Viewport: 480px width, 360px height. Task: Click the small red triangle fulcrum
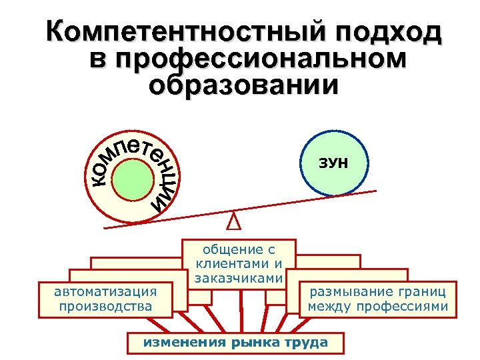click(x=233, y=219)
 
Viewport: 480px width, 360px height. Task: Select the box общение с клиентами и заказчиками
click(x=239, y=264)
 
